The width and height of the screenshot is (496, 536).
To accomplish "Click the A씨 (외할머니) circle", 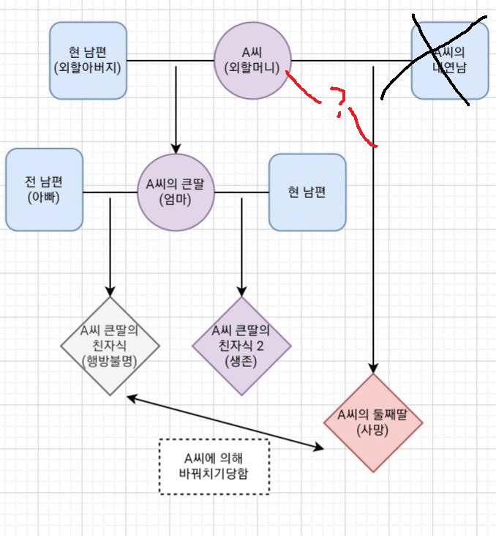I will tap(252, 60).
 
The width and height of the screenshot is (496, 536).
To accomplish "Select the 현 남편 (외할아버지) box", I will tap(89, 60).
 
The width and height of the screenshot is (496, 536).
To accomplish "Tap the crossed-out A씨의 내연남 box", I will tap(449, 60).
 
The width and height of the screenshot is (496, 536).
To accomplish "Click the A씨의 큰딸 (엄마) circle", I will tap(176, 192).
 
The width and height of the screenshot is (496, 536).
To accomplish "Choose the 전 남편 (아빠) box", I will tap(44, 189).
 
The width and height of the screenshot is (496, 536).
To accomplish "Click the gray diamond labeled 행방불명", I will tap(110, 346).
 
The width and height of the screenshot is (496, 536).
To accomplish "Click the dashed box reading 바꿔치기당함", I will tap(214, 466).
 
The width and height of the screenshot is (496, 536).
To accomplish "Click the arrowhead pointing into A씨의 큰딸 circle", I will tap(176, 146).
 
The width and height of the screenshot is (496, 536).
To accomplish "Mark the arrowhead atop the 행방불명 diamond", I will tap(110, 290).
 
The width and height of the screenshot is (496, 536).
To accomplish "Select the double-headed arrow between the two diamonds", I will tap(227, 422).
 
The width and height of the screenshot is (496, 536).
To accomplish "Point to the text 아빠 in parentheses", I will tap(44, 198).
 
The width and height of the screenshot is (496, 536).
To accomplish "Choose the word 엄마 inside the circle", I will tap(176, 200).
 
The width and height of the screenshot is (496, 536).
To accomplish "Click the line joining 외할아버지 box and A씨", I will tap(170, 60).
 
